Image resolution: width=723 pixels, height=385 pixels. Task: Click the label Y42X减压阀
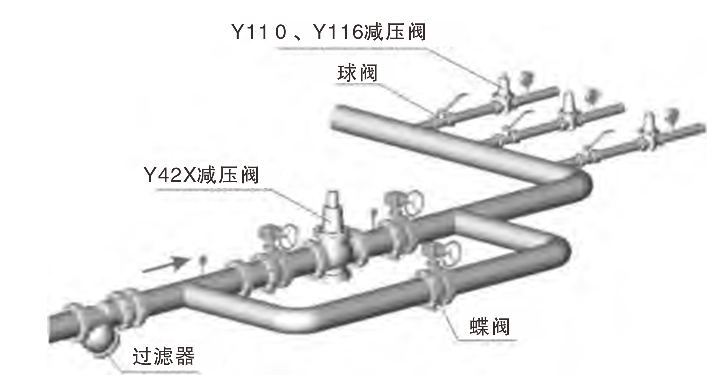click(201, 176)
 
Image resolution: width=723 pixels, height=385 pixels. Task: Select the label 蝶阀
click(489, 327)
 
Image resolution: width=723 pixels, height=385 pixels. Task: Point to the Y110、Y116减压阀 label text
click(328, 33)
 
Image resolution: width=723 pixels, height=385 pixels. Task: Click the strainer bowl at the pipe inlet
click(98, 340)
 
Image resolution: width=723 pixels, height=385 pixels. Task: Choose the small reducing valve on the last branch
click(649, 127)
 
